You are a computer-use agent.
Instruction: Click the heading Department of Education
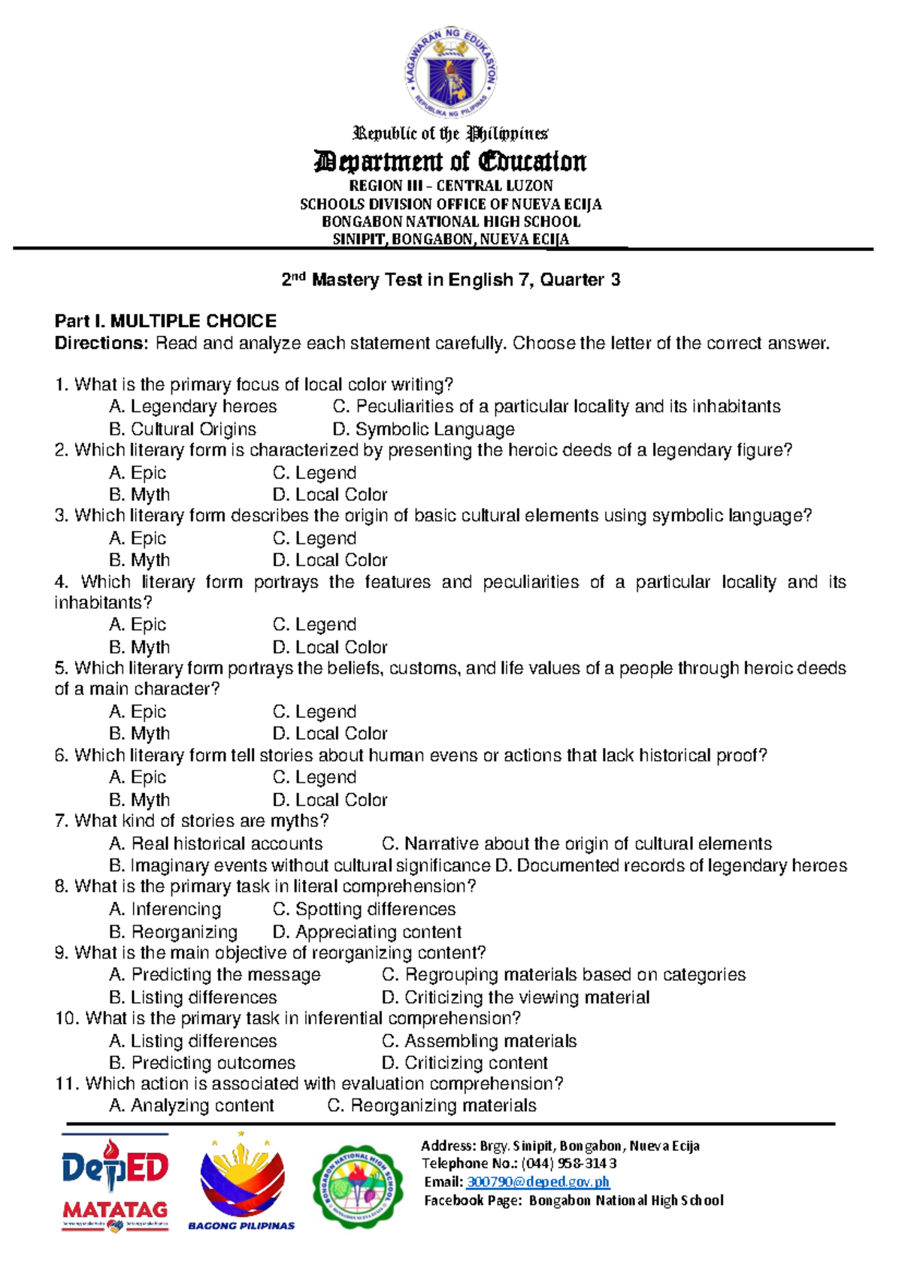451,162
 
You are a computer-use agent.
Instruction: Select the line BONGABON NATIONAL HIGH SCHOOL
451,222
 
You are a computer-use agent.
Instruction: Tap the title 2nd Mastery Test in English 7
451,280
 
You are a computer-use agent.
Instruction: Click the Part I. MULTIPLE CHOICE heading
165,322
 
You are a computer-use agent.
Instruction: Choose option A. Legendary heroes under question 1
193,407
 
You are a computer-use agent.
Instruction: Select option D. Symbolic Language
423,429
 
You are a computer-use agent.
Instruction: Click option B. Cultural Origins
183,429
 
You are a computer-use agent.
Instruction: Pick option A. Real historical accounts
216,843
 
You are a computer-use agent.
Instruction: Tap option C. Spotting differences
364,909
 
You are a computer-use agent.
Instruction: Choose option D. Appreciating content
367,932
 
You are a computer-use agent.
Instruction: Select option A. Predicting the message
215,975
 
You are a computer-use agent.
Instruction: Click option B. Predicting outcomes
202,1063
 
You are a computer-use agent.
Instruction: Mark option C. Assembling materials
479,1041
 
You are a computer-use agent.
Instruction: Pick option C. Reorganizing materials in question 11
432,1106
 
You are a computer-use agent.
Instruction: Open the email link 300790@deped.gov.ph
537,1183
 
